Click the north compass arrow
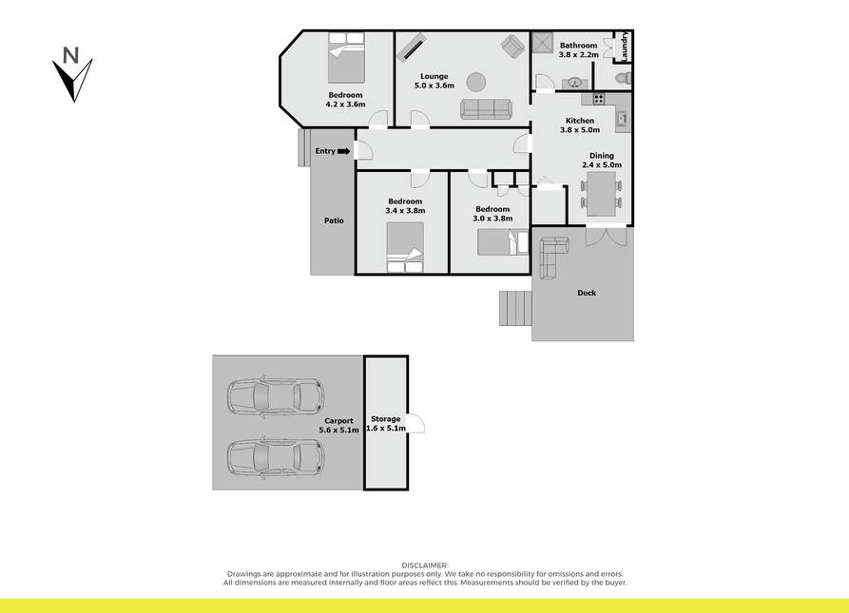tap(72, 80)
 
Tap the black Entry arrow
tap(344, 151)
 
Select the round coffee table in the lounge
tap(476, 83)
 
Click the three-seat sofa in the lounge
tap(486, 108)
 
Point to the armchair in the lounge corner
tap(512, 46)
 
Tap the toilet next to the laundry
tap(624, 79)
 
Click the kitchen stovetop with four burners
tap(598, 99)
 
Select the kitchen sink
tap(622, 118)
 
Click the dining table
tap(601, 194)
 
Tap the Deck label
tap(587, 293)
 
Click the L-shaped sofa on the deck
tap(551, 256)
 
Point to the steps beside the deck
tap(515, 308)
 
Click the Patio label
tap(334, 220)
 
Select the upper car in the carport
tap(276, 396)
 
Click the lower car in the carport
tap(276, 457)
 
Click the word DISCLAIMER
tap(425, 565)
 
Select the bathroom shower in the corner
tap(542, 43)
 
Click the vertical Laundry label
tap(625, 46)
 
